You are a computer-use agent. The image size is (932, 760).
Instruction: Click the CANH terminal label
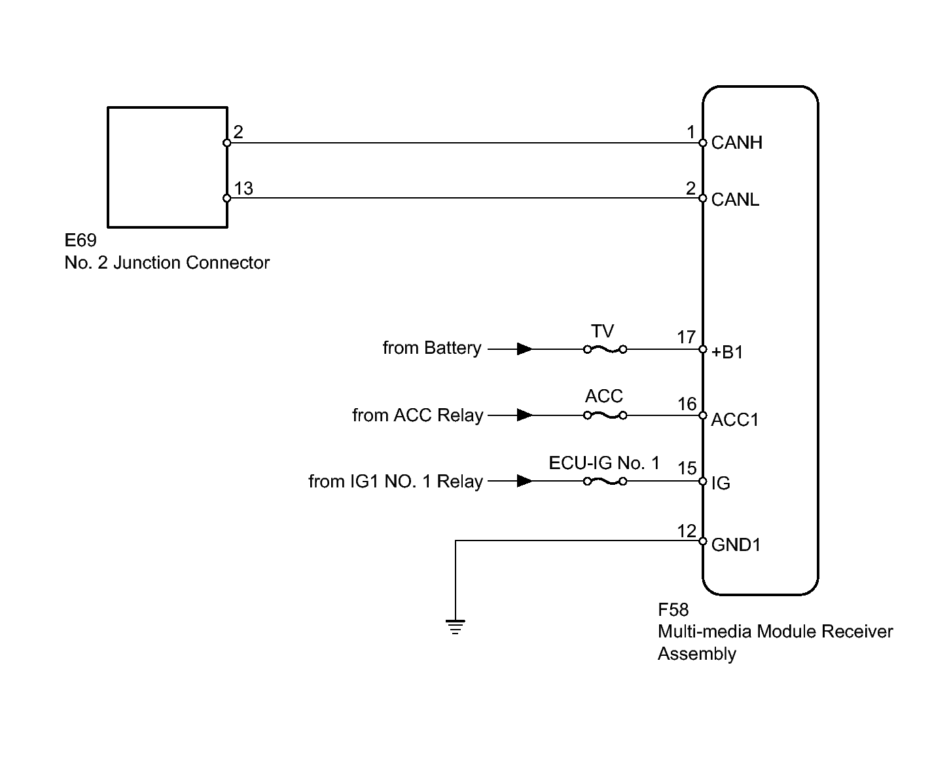pyautogui.click(x=736, y=143)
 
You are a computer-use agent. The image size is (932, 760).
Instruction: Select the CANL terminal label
pyautogui.click(x=735, y=199)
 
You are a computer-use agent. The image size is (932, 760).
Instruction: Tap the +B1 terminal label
pyautogui.click(x=727, y=352)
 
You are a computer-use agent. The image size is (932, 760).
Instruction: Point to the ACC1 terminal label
pyautogui.click(x=734, y=419)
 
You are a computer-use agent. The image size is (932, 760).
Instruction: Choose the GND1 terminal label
pyautogui.click(x=736, y=544)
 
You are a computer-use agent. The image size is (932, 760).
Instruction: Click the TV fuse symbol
pyautogui.click(x=605, y=349)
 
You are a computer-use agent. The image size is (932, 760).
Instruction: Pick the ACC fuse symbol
pyautogui.click(x=605, y=415)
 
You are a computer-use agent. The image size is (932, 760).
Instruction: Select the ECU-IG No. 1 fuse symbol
pyautogui.click(x=605, y=481)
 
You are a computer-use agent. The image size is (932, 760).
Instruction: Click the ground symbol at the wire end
pyautogui.click(x=455, y=627)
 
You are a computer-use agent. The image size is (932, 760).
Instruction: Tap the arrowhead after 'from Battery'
pyautogui.click(x=525, y=349)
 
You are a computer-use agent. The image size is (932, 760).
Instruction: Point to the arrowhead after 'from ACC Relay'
pyautogui.click(x=525, y=415)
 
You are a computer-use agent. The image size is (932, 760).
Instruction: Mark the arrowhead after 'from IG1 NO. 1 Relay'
pyautogui.click(x=525, y=481)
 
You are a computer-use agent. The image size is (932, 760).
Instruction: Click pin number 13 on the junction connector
pyautogui.click(x=243, y=188)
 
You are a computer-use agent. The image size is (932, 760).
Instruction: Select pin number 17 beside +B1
pyautogui.click(x=686, y=337)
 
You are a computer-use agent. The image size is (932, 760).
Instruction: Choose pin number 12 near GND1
pyautogui.click(x=687, y=531)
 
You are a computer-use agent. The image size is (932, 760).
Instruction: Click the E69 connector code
pyautogui.click(x=81, y=240)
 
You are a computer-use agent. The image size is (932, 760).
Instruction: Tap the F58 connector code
pyautogui.click(x=673, y=609)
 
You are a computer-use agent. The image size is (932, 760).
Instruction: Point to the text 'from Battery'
pyautogui.click(x=432, y=348)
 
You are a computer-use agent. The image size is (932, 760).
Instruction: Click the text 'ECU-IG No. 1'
pyautogui.click(x=604, y=463)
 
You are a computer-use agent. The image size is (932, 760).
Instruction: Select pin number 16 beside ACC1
pyautogui.click(x=687, y=404)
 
